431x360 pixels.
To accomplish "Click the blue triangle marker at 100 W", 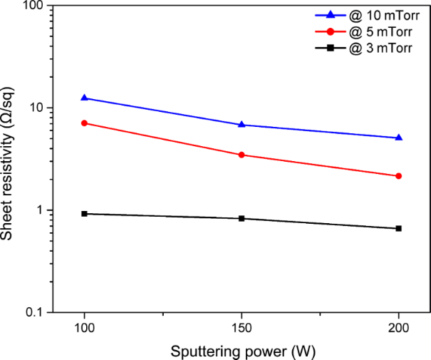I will [x=85, y=98].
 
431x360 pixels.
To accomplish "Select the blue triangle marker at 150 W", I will [x=242, y=125].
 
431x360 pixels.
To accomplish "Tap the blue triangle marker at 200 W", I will [x=399, y=138].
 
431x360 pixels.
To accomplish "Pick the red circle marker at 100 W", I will [x=85, y=123].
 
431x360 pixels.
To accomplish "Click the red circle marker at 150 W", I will [x=242, y=155].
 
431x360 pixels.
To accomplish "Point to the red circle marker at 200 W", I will [x=399, y=176].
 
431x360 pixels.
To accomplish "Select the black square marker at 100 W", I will [x=85, y=214].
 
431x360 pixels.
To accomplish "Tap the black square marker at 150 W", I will [x=242, y=218].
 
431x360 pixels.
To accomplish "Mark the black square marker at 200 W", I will [x=399, y=228].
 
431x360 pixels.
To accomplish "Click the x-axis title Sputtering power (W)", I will [x=242, y=351].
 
